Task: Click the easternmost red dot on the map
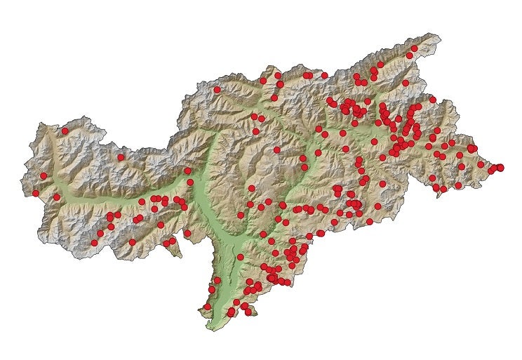[500, 167]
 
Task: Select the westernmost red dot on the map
[36, 193]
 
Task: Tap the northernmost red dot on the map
[414, 48]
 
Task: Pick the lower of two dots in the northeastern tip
[409, 55]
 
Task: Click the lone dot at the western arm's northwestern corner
[65, 131]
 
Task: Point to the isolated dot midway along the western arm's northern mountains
[121, 157]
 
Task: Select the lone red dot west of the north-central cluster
[217, 90]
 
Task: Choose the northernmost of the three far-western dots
[43, 175]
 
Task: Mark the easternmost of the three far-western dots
[57, 197]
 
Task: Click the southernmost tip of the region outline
[210, 330]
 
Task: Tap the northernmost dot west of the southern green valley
[217, 280]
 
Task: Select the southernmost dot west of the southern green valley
[207, 307]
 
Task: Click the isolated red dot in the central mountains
[276, 149]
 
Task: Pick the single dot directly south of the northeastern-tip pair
[406, 82]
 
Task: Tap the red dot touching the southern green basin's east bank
[240, 258]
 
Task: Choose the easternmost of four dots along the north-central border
[324, 74]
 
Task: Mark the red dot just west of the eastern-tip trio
[481, 165]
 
